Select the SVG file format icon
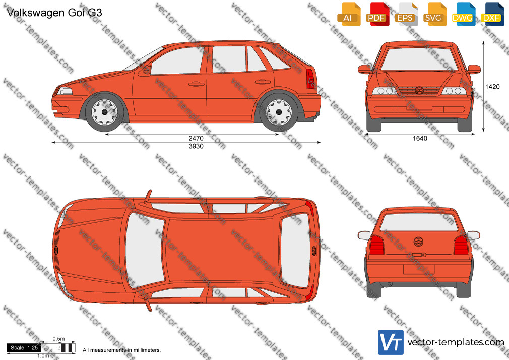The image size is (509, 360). click(x=434, y=14)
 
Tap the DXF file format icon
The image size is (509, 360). click(x=492, y=14)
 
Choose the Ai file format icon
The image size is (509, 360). click(x=349, y=14)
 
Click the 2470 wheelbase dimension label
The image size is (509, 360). click(x=196, y=139)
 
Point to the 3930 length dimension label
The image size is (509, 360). click(x=196, y=146)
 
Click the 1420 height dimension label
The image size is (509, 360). click(x=492, y=86)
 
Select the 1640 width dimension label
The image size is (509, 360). click(x=420, y=139)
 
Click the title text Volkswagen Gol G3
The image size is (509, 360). click(x=54, y=13)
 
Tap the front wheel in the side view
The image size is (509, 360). click(x=104, y=112)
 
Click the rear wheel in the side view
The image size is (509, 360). click(x=279, y=112)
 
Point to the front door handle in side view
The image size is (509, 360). click(x=197, y=85)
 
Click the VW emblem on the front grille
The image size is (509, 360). click(x=419, y=90)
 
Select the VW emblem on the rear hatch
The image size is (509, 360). click(x=418, y=242)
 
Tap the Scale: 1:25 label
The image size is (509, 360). click(x=24, y=348)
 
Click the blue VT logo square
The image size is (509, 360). click(x=391, y=342)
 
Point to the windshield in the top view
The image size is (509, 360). click(x=145, y=251)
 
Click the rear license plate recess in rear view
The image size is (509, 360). click(x=419, y=269)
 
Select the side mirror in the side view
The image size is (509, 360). click(x=147, y=69)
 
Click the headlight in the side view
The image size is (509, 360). click(x=65, y=91)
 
